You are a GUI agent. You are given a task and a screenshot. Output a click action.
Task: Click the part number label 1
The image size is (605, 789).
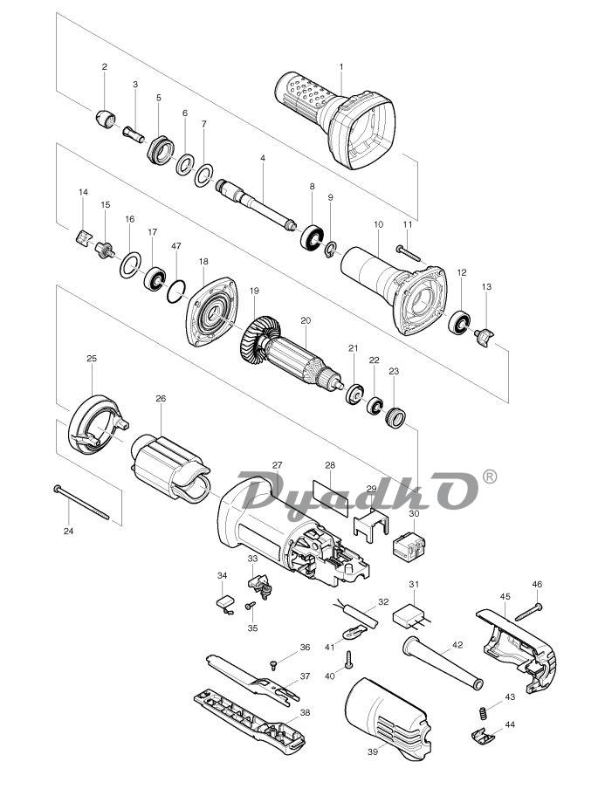click(340, 66)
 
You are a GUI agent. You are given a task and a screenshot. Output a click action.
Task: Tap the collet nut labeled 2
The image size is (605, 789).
click(105, 120)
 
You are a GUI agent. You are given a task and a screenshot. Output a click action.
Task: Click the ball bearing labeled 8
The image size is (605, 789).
click(312, 237)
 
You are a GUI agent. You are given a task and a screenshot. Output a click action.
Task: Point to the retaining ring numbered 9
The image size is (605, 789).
click(330, 249)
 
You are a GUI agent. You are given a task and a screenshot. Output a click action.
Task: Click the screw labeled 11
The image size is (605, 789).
click(408, 252)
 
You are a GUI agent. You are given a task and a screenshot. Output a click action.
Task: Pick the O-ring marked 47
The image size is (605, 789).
click(175, 292)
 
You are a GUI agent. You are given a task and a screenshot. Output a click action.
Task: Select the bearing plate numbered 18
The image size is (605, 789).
click(211, 312)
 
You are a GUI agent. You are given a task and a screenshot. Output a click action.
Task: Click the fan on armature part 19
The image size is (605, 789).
click(260, 340)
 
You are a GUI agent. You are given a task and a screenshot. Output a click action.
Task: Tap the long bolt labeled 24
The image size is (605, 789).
click(81, 503)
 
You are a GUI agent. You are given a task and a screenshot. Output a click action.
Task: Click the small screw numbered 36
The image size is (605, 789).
click(274, 665)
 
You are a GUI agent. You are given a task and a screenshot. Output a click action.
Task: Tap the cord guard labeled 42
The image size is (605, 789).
click(443, 663)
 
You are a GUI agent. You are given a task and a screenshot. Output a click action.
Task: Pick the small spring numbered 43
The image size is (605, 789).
click(482, 713)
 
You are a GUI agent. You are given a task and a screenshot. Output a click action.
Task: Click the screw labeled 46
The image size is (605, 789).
click(528, 611)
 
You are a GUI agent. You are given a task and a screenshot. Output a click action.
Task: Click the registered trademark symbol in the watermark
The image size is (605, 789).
click(489, 476)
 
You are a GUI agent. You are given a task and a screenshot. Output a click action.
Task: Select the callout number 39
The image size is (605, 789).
click(373, 751)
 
